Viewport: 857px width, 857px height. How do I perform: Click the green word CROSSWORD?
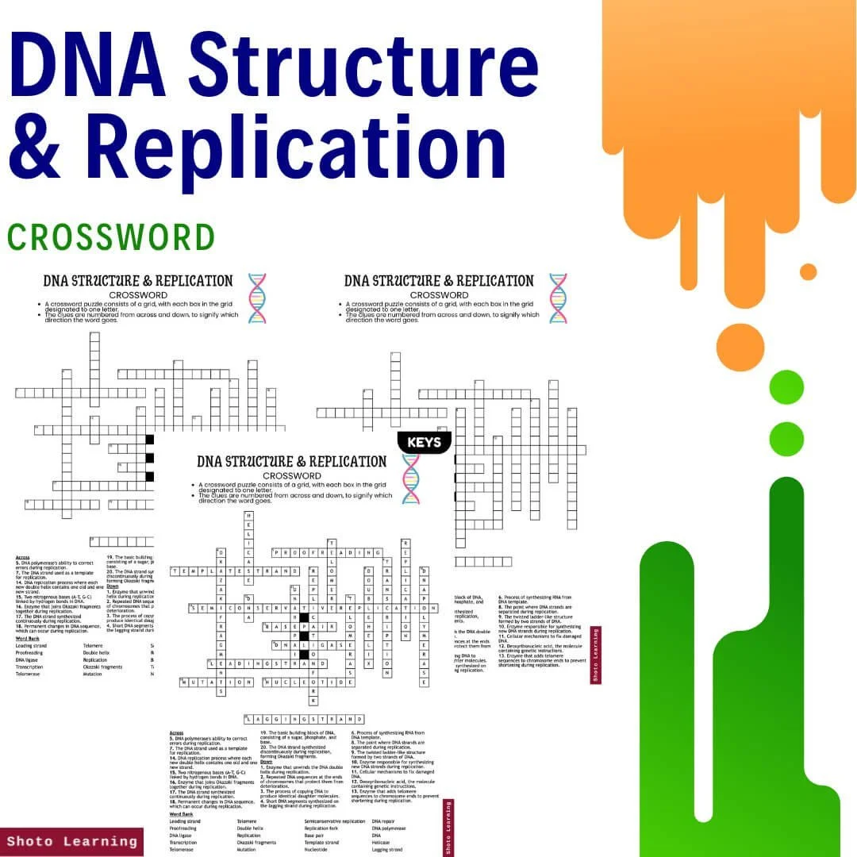111,236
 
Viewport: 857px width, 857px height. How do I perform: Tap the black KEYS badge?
425,443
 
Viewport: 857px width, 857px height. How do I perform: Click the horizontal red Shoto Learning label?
71,841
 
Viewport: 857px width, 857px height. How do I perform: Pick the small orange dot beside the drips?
809,271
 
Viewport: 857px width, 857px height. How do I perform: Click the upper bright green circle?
786,386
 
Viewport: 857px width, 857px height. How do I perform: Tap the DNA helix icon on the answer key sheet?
410,479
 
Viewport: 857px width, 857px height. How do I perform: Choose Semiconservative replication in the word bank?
335,822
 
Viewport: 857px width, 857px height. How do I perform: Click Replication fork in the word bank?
321,829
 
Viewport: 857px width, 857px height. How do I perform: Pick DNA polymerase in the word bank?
389,829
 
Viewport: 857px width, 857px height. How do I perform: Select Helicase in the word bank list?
382,843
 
